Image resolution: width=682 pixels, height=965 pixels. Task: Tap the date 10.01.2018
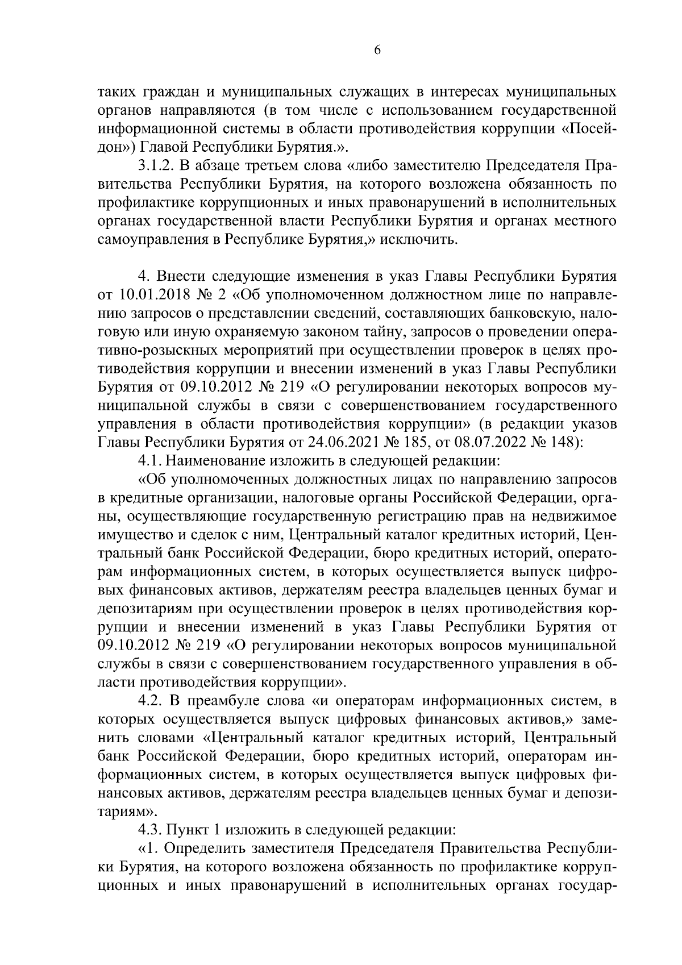(x=149, y=296)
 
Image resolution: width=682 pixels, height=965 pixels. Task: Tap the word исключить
(x=422, y=239)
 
